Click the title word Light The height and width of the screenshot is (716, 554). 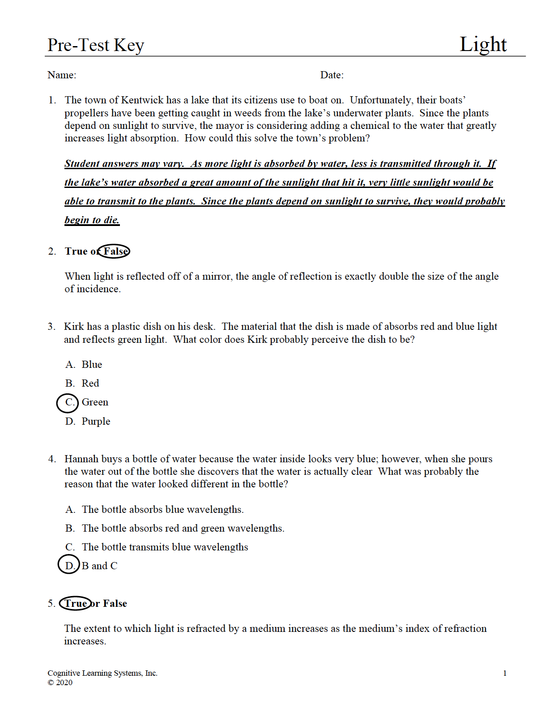(x=483, y=44)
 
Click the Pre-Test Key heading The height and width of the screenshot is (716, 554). (x=96, y=45)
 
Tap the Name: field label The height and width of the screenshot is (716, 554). (x=62, y=75)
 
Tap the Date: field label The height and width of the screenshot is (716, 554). (x=332, y=75)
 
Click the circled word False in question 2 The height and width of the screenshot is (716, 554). (x=115, y=251)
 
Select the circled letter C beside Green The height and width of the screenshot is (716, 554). (x=68, y=402)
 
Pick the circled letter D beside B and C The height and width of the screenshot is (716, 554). (x=69, y=566)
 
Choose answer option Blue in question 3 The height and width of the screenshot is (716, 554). (x=92, y=365)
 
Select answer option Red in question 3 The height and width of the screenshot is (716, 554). (x=90, y=384)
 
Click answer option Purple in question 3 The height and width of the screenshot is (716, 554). (x=96, y=422)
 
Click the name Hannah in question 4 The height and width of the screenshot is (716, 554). (x=81, y=459)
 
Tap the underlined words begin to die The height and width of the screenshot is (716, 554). (x=92, y=220)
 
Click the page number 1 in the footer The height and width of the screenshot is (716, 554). (x=505, y=673)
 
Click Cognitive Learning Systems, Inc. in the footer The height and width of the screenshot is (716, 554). (x=102, y=673)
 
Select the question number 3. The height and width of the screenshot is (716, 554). (x=51, y=327)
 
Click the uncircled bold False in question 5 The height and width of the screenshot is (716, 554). (x=115, y=604)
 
